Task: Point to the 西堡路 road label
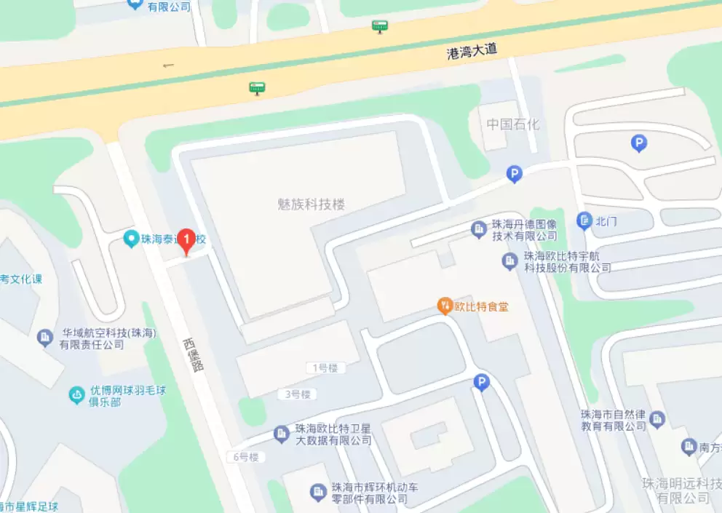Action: point(193,354)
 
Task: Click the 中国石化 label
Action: point(513,124)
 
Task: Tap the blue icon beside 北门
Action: point(584,220)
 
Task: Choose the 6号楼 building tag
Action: point(246,457)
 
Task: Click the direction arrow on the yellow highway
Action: point(169,65)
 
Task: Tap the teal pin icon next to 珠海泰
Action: point(131,238)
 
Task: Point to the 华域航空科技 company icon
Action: point(44,338)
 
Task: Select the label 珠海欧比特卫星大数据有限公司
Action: point(333,434)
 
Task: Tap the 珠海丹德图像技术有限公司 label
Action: point(524,230)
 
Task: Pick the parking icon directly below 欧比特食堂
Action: point(481,382)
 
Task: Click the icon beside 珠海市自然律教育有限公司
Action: point(658,418)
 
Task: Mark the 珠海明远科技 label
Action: point(682,490)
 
